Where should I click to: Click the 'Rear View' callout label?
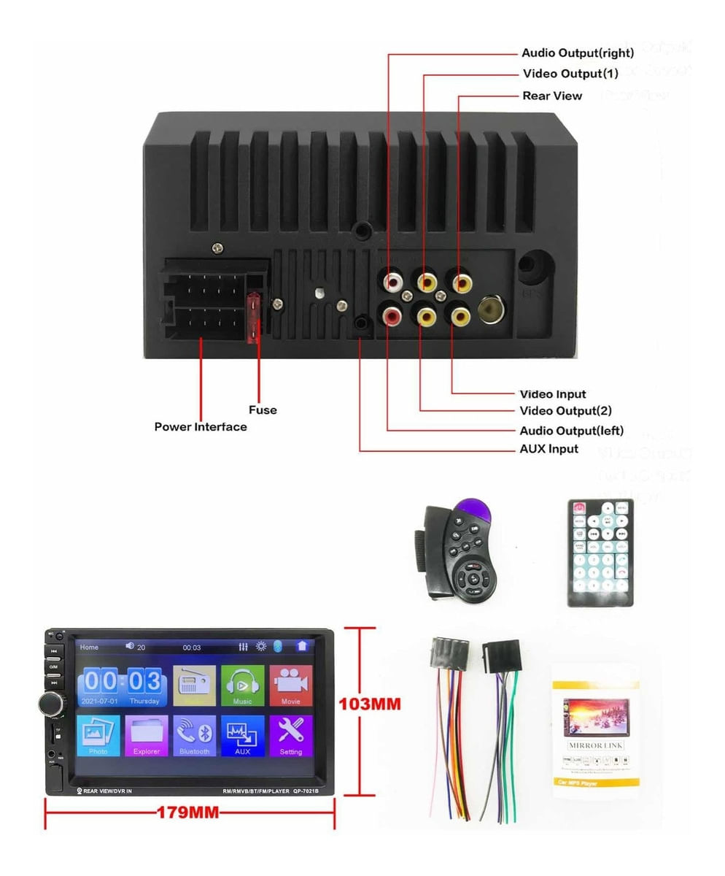(x=552, y=96)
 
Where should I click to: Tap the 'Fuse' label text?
(x=263, y=410)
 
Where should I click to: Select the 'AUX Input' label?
(x=548, y=449)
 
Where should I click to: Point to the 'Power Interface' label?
(x=201, y=426)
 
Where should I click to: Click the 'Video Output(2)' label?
(x=565, y=411)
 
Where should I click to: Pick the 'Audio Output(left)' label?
(x=571, y=430)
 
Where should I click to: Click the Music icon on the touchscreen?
(x=242, y=685)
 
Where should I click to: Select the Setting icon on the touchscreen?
(x=290, y=735)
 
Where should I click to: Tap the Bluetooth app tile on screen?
(x=194, y=735)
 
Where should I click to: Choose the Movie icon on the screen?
(x=290, y=685)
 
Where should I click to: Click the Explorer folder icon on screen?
(x=147, y=735)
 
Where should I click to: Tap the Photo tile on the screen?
(x=98, y=735)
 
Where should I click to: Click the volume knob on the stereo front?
(x=52, y=704)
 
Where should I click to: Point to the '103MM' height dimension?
(x=370, y=705)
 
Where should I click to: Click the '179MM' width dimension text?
(x=188, y=812)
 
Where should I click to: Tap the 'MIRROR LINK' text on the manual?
(x=595, y=745)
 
